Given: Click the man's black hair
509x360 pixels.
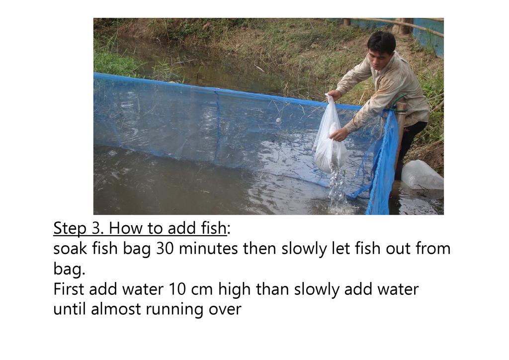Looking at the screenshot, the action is pyautogui.click(x=382, y=42).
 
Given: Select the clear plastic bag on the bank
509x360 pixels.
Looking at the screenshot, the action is pyautogui.click(x=422, y=176).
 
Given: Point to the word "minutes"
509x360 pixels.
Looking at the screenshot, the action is pyautogui.click(x=208, y=249).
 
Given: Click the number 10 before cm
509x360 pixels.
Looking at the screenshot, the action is pyautogui.click(x=177, y=289).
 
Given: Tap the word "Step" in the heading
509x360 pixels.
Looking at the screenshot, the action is pyautogui.click(x=70, y=229).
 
